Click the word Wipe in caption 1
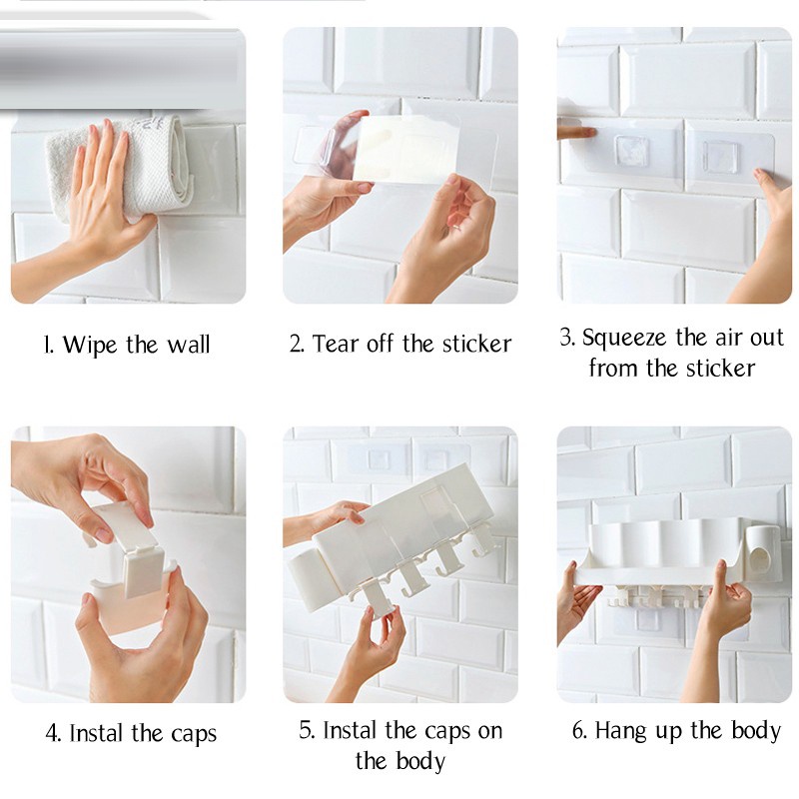91,345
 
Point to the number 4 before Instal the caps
53,734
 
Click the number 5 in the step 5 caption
306,730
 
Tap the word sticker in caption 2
477,344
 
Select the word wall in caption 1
189,345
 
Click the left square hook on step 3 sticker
632,152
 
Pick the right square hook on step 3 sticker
720,156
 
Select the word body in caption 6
756,731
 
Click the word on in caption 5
489,731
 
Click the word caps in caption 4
194,735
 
